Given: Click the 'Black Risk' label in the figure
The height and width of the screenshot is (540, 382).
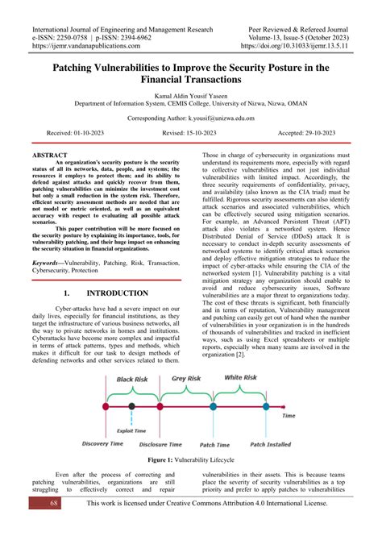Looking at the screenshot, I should [132, 379].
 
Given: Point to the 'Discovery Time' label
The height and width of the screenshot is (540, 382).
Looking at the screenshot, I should [103, 444].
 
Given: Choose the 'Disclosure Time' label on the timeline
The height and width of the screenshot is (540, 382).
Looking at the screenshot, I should [162, 444].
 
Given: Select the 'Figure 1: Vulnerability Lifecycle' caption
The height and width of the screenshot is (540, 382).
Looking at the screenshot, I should [191, 459].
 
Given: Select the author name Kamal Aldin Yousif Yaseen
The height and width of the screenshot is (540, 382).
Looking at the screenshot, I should [191, 93].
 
